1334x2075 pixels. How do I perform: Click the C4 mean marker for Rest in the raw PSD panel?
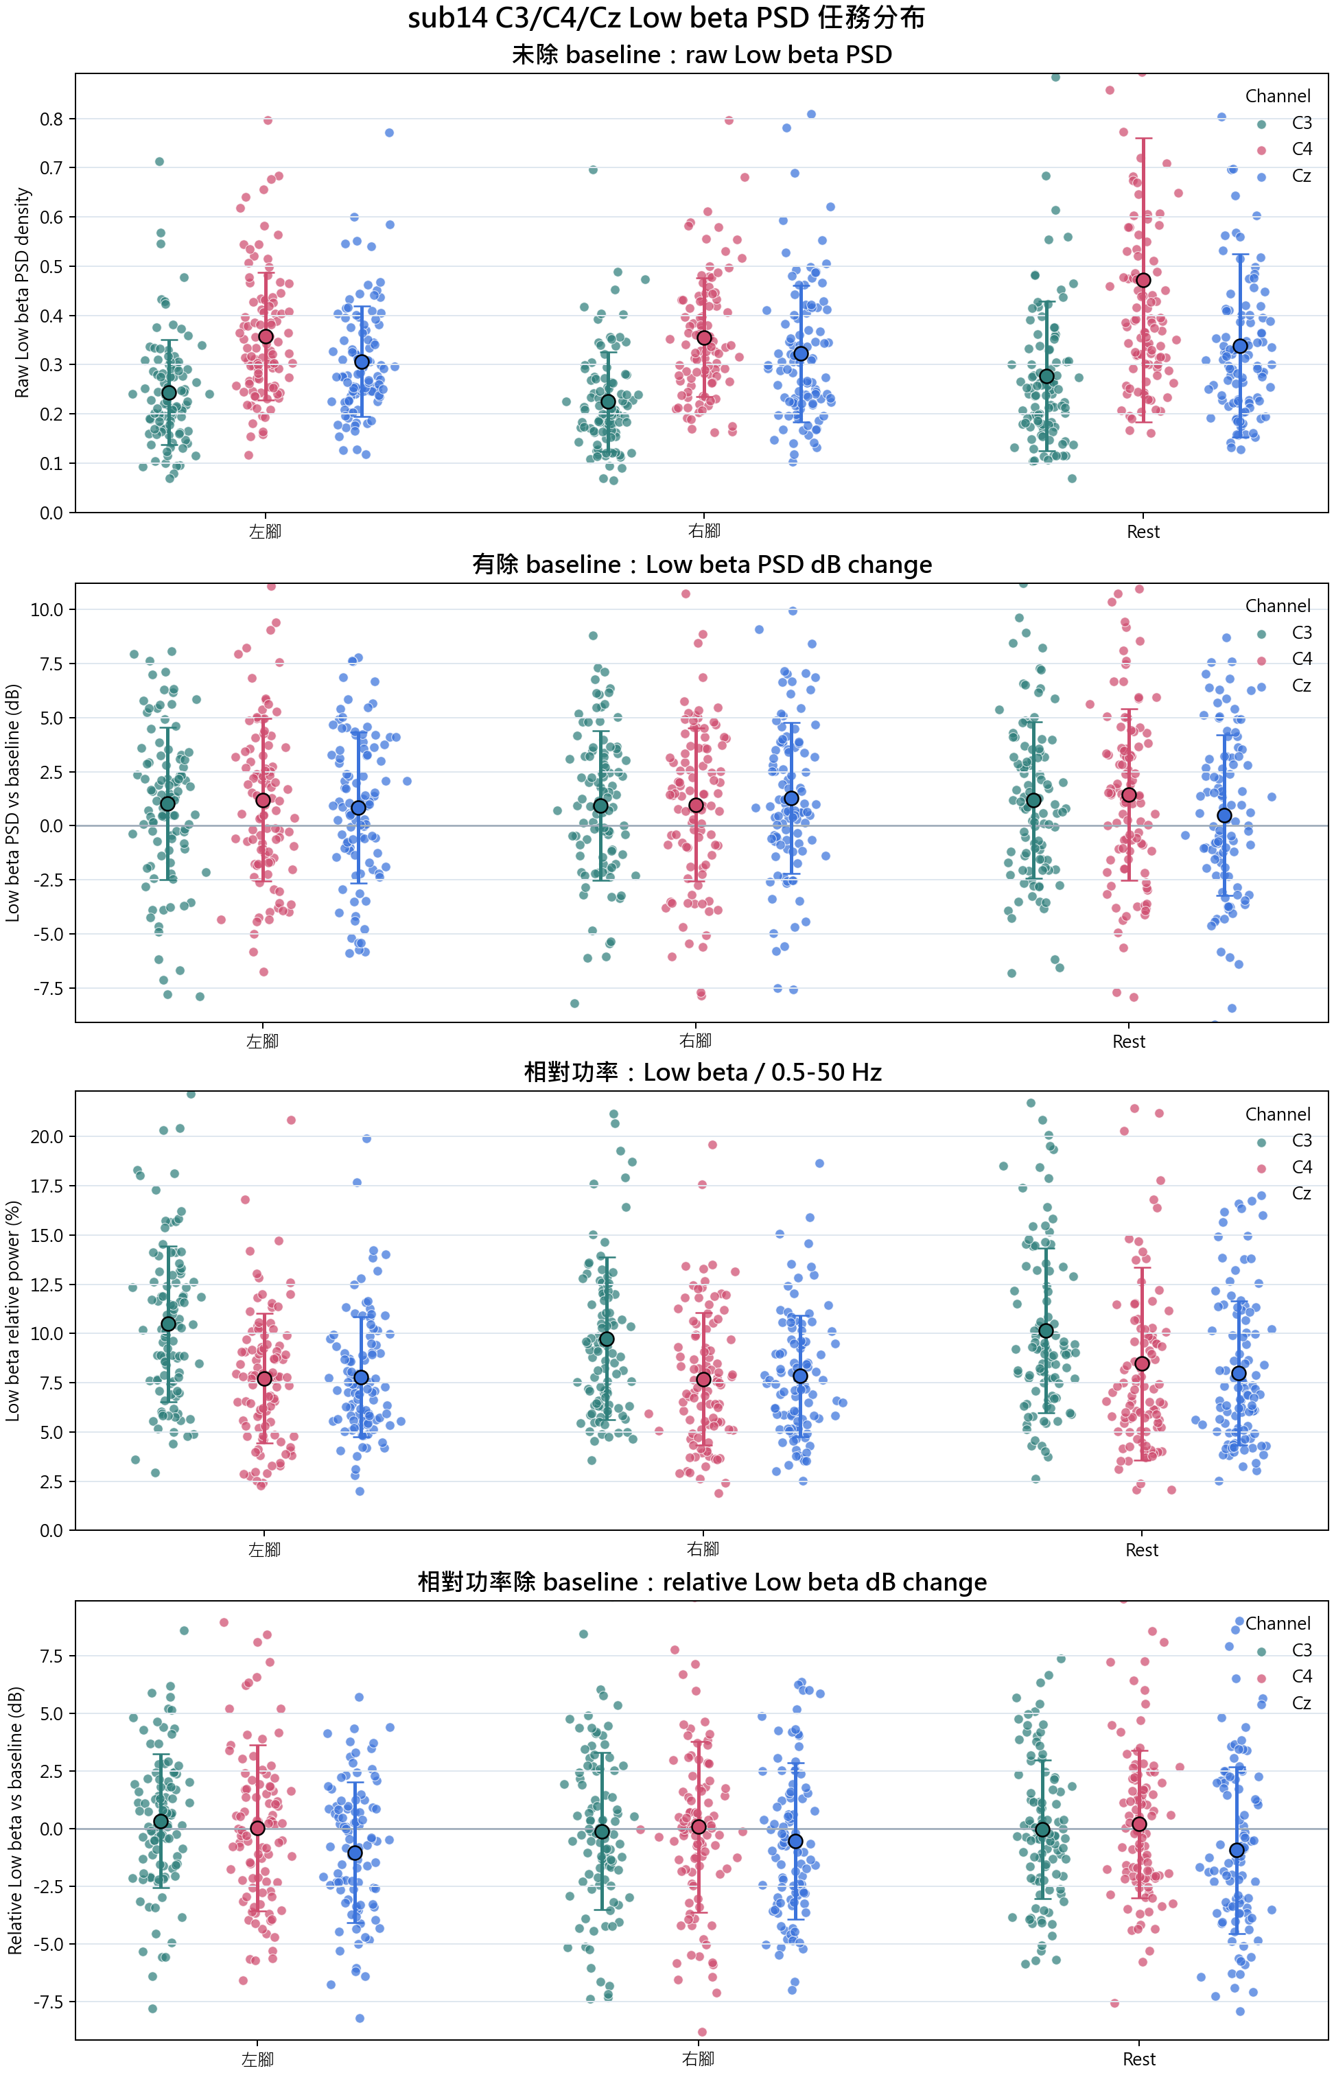[x=1143, y=280]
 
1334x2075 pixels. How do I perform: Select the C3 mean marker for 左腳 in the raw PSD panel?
[x=169, y=393]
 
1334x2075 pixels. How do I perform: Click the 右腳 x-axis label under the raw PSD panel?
[x=704, y=531]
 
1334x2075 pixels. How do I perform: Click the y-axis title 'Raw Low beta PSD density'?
[x=22, y=293]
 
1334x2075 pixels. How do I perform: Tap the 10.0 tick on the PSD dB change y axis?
[x=47, y=610]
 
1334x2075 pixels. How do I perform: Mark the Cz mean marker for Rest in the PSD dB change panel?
[x=1224, y=816]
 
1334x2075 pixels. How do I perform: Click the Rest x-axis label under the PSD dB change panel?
[x=1129, y=1042]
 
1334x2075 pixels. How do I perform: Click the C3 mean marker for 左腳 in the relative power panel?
[x=169, y=1324]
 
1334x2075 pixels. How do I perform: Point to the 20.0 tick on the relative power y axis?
[x=47, y=1137]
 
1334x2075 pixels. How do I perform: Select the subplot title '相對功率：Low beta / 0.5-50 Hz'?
[x=703, y=1072]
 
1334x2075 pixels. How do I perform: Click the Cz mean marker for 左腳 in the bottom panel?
[x=354, y=1853]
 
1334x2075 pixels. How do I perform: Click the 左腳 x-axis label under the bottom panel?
[x=257, y=2059]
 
